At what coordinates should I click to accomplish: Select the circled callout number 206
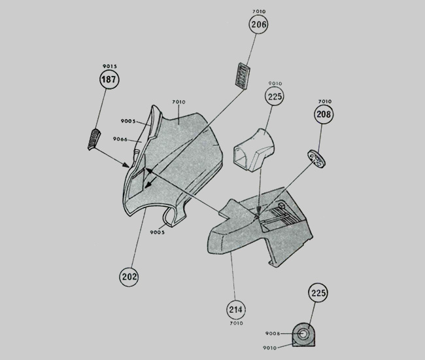tap(259, 24)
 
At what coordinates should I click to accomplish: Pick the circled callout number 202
tap(129, 276)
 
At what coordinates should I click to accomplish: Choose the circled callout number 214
tap(235, 309)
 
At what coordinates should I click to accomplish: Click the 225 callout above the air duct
tap(275, 96)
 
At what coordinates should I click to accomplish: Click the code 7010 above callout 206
tap(259, 11)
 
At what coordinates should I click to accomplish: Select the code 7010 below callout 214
tap(235, 323)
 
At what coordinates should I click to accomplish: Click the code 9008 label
tap(275, 333)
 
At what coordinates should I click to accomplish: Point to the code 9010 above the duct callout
tap(275, 83)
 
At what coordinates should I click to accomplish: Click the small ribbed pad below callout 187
tap(95, 139)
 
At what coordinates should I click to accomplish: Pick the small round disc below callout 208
tap(316, 158)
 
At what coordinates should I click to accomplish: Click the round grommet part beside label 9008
tap(305, 334)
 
